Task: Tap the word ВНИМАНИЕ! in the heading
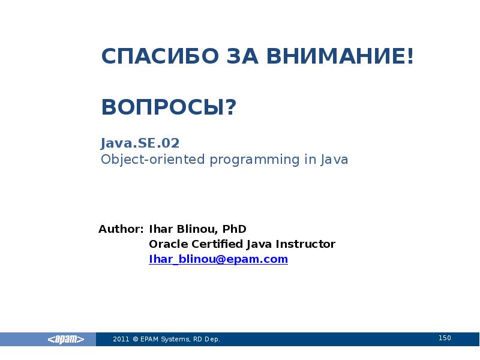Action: pyautogui.click(x=340, y=56)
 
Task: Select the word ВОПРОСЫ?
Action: pyautogui.click(x=169, y=107)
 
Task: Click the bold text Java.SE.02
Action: pyautogui.click(x=140, y=143)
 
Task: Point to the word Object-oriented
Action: pyautogui.click(x=153, y=160)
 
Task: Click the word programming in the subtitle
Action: pyautogui.click(x=254, y=160)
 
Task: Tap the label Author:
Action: pyautogui.click(x=121, y=229)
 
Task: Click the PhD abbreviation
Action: pyautogui.click(x=234, y=229)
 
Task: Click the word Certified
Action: pyautogui.click(x=217, y=244)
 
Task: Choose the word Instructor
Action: pyautogui.click(x=305, y=244)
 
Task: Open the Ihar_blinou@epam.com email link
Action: pyautogui.click(x=218, y=259)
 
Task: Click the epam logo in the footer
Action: pyautogui.click(x=66, y=339)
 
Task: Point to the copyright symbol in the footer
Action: pyautogui.click(x=136, y=339)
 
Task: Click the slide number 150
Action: pyautogui.click(x=445, y=338)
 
